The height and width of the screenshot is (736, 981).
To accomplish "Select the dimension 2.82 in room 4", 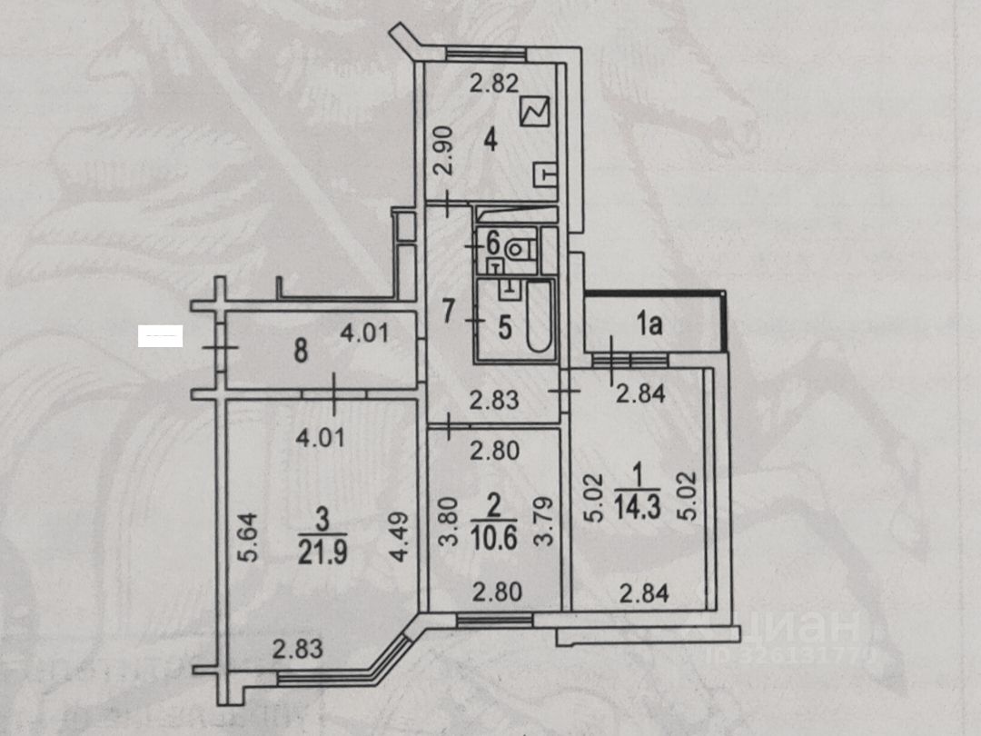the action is click(493, 85).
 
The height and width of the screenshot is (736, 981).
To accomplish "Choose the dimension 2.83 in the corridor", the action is click(493, 398).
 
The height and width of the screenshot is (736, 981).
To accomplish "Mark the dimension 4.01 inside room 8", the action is click(364, 333).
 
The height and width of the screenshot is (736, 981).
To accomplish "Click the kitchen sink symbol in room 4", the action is click(545, 174).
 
